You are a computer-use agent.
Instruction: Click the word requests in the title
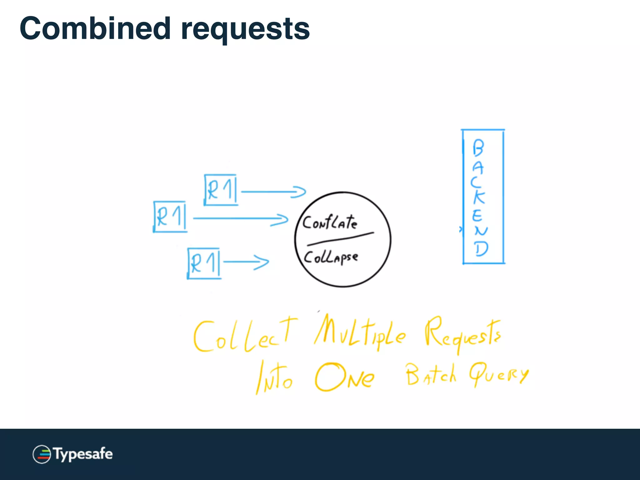[245, 30]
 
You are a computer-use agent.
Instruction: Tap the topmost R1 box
[221, 190]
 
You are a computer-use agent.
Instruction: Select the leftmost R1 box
[170, 217]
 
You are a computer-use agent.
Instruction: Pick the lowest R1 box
[204, 263]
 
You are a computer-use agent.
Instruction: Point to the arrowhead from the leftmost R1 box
[281, 219]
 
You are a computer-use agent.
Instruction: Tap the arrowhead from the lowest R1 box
[262, 262]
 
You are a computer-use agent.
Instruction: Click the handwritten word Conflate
[330, 222]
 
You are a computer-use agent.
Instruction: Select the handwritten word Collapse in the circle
[331, 257]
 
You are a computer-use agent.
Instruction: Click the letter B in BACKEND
[478, 148]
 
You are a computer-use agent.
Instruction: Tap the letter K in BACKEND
[478, 197]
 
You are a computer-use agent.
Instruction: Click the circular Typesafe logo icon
[42, 454]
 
